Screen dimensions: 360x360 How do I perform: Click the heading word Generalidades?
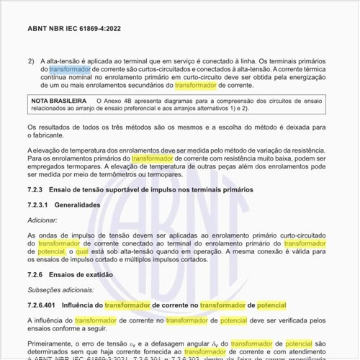pyautogui.click(x=80, y=204)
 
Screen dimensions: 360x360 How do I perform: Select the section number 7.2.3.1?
pyautogui.click(x=39, y=204)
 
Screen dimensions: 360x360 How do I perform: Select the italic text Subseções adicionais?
pyautogui.click(x=60, y=289)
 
